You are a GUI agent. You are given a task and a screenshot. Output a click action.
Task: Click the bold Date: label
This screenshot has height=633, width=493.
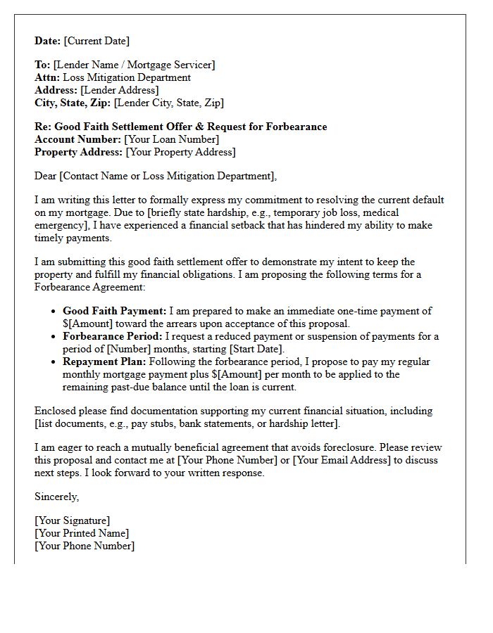tap(48, 41)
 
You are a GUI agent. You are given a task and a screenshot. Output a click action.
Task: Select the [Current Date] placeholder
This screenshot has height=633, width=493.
tap(97, 41)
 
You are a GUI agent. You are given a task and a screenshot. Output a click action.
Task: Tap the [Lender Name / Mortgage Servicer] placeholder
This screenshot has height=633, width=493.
tap(134, 65)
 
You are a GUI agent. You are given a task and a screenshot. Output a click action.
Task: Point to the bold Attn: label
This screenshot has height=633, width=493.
tap(47, 78)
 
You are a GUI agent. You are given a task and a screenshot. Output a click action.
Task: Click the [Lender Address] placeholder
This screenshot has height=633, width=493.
tap(120, 91)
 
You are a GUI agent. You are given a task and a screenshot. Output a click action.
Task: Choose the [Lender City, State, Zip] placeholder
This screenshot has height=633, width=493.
tap(169, 103)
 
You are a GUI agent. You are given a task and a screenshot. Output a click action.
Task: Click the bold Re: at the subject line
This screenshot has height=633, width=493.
tap(43, 127)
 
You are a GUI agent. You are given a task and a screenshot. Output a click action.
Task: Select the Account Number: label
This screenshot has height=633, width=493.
tap(77, 140)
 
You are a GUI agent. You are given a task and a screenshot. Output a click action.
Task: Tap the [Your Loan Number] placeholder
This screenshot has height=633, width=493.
tap(172, 140)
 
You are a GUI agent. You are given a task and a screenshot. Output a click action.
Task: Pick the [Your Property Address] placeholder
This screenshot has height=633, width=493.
tap(180, 153)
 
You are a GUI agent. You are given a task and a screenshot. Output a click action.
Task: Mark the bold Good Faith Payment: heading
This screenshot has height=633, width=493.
tap(114, 311)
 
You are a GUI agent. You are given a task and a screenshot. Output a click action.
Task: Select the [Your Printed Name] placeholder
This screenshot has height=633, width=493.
tap(82, 534)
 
